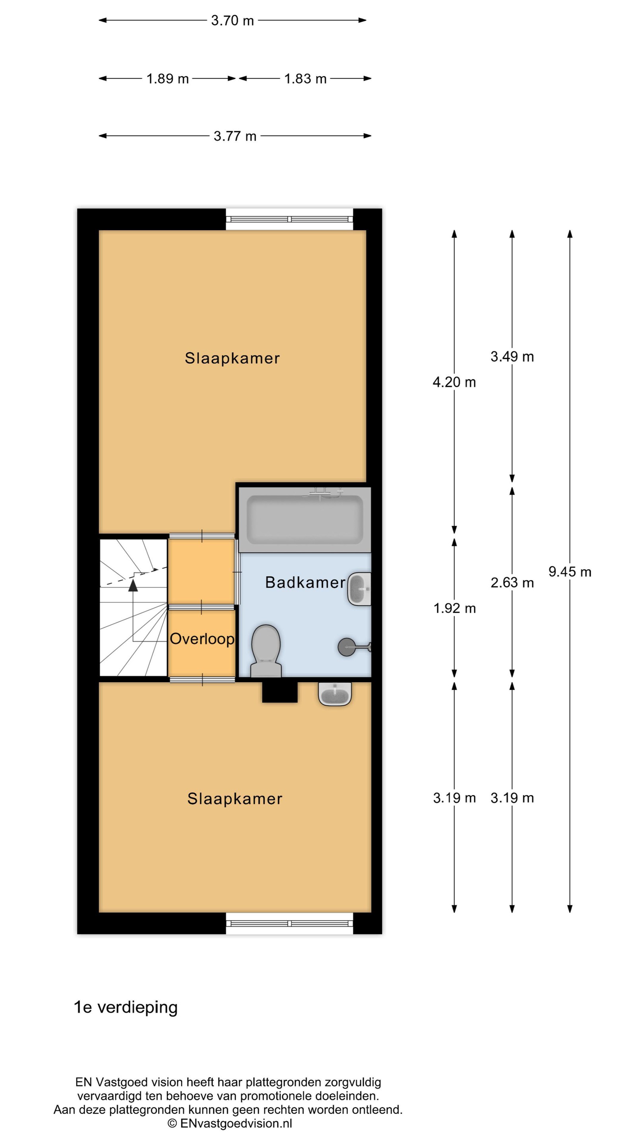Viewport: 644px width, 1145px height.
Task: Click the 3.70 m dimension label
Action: [233, 20]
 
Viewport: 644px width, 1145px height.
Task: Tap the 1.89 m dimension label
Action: [167, 79]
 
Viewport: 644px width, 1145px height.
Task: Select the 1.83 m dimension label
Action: [305, 79]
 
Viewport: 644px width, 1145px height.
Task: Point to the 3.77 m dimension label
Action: [235, 136]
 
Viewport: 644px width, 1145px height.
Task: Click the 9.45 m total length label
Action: [570, 572]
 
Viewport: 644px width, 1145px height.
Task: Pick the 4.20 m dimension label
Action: [454, 382]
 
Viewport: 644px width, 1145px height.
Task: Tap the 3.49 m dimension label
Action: [512, 357]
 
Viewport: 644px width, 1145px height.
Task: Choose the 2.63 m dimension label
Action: [512, 583]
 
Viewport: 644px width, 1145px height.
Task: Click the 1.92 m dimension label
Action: [454, 609]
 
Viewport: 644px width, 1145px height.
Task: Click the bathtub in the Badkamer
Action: [305, 520]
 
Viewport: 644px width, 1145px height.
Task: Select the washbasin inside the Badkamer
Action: [359, 589]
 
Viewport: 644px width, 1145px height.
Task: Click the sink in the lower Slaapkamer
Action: [335, 694]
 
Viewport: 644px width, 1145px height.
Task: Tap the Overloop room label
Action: [202, 639]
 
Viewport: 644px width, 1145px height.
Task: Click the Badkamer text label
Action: [305, 583]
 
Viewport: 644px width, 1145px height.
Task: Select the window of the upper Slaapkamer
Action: [289, 219]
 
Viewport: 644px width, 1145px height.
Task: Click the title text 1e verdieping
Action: [125, 1007]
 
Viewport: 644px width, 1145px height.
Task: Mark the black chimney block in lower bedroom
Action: [279, 692]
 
